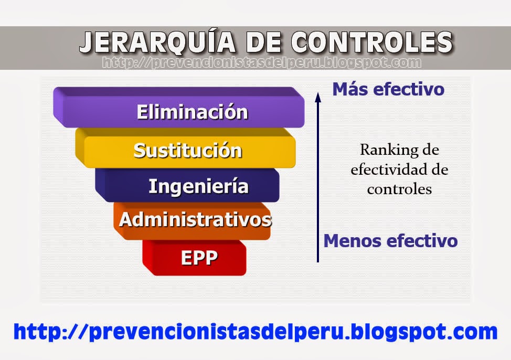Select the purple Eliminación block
coord(192,112)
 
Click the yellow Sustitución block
coord(188,151)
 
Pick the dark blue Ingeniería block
coord(198,186)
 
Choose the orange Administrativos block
coord(195,219)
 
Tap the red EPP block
coord(199,258)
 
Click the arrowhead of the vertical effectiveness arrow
coord(317,96)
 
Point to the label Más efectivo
coord(388,89)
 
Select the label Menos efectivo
coord(390,241)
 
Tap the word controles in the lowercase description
coord(399,189)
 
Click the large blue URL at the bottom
coord(256,332)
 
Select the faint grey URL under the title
coord(261,63)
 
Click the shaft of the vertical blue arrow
coord(317,184)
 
